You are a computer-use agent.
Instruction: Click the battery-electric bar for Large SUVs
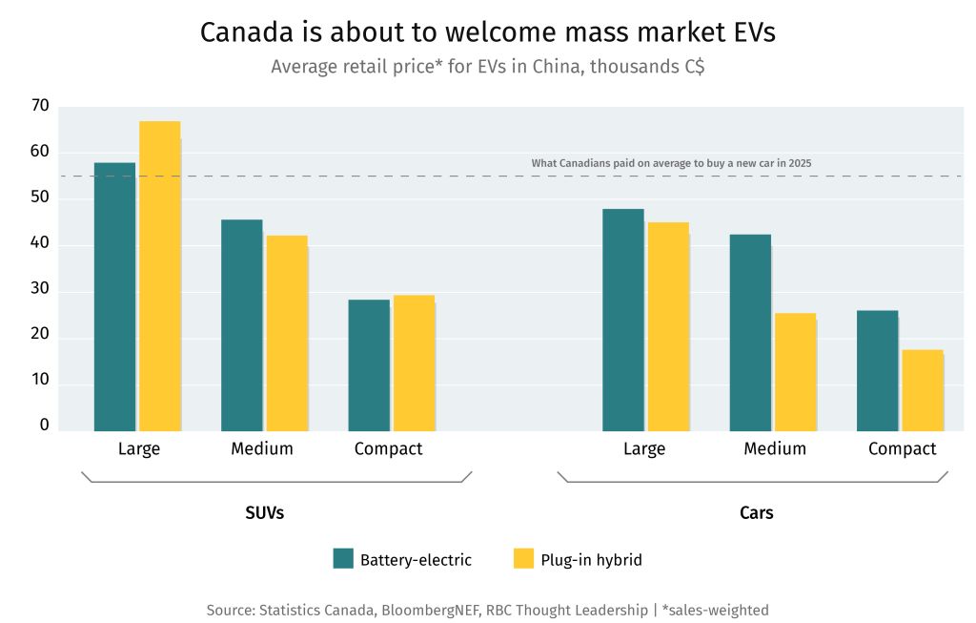pyautogui.click(x=114, y=297)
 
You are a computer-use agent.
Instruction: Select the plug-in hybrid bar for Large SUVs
pyautogui.click(x=159, y=277)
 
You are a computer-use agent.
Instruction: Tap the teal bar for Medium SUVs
pyautogui.click(x=241, y=325)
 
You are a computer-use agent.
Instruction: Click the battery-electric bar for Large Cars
pyautogui.click(x=622, y=320)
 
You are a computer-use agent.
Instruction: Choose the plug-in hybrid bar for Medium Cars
pyautogui.click(x=795, y=372)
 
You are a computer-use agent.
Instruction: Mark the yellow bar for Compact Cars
pyautogui.click(x=922, y=390)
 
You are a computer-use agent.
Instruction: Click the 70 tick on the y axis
pyautogui.click(x=39, y=106)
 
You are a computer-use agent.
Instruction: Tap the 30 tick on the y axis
pyautogui.click(x=39, y=292)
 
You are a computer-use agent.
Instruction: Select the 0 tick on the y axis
pyautogui.click(x=44, y=426)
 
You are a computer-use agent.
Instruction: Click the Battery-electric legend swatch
pyautogui.click(x=343, y=559)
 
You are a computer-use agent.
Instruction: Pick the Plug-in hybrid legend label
pyautogui.click(x=591, y=560)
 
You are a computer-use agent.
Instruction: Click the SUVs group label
pyautogui.click(x=264, y=513)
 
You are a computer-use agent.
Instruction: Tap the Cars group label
pyautogui.click(x=756, y=513)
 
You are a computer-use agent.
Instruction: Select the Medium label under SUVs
pyautogui.click(x=261, y=448)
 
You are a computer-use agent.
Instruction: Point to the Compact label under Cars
pyautogui.click(x=902, y=448)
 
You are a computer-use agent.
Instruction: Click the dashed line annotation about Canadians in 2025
pyautogui.click(x=671, y=164)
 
